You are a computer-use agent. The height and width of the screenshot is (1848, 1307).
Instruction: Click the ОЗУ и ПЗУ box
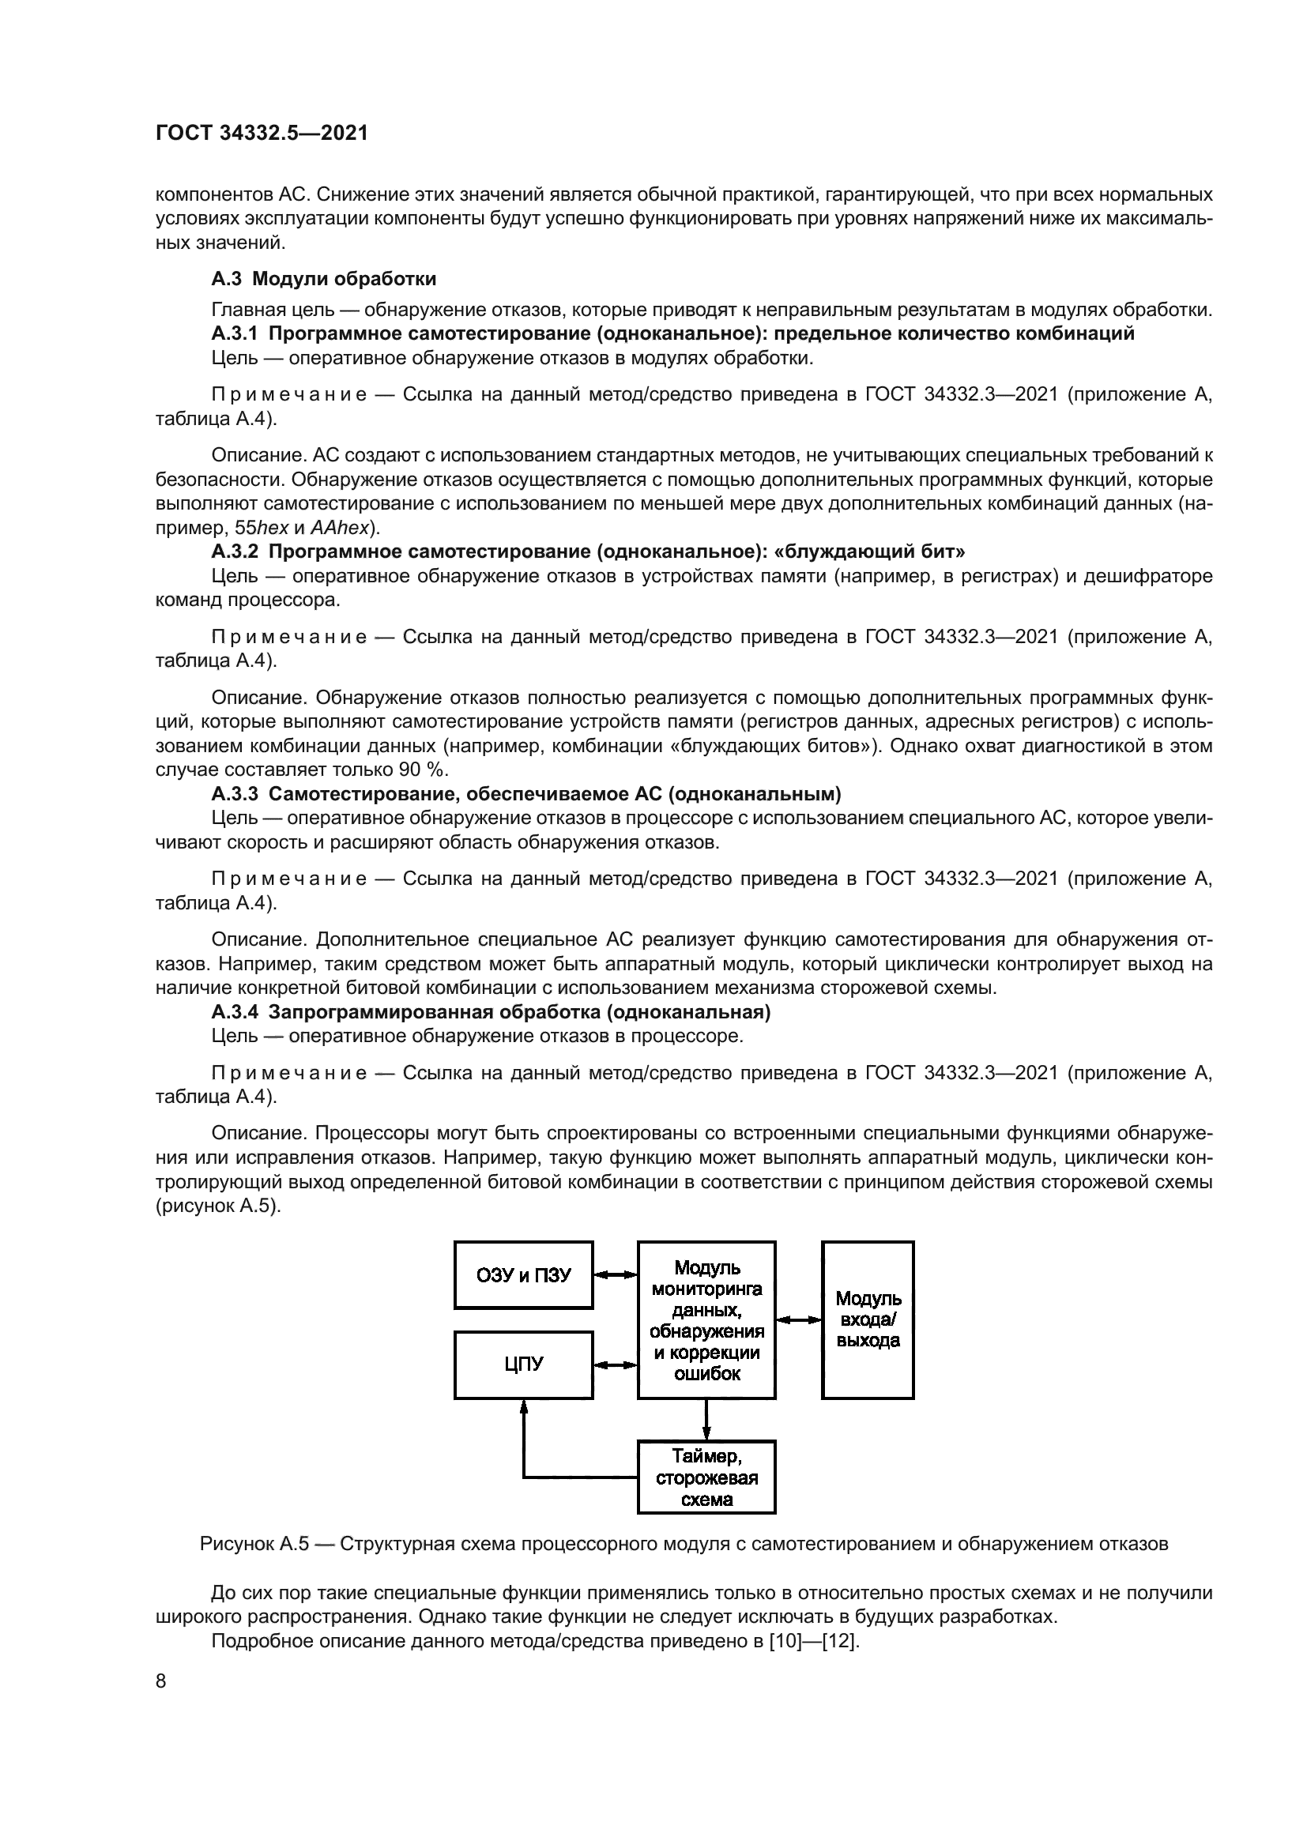click(523, 1275)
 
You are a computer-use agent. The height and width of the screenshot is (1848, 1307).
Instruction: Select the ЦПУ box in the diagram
click(523, 1364)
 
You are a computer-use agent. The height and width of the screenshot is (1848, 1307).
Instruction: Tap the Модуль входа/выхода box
click(868, 1319)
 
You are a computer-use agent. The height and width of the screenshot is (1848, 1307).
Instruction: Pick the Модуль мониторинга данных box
click(706, 1319)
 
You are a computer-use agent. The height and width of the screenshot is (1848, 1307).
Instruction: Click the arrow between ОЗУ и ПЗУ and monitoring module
click(616, 1274)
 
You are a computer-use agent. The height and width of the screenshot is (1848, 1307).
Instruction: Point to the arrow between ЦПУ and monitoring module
click(616, 1364)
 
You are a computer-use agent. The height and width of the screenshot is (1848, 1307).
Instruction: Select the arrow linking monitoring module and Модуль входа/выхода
click(798, 1319)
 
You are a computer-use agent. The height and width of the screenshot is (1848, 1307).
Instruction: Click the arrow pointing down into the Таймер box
click(706, 1420)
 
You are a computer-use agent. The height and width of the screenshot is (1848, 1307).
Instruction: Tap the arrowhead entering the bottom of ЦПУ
click(524, 1406)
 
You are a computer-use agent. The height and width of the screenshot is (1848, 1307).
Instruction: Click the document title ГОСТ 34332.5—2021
click(262, 134)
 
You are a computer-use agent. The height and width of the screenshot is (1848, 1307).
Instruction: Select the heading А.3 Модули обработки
click(323, 279)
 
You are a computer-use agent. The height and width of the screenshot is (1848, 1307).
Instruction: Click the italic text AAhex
click(339, 529)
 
